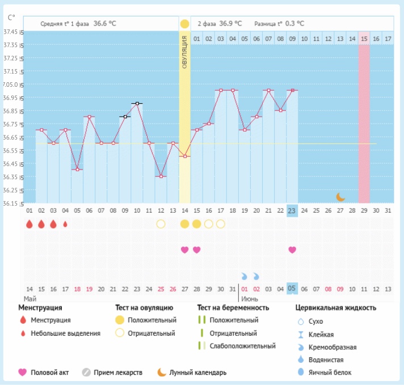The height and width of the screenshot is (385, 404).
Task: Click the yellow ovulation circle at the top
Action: [184, 24]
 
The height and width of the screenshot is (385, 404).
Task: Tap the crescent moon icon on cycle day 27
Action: [340, 197]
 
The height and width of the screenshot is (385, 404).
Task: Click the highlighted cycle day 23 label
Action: [292, 210]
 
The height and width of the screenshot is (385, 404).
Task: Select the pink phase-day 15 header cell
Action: [364, 39]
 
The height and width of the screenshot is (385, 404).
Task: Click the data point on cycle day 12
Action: [161, 176]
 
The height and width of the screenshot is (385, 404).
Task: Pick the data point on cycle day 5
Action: [77, 170]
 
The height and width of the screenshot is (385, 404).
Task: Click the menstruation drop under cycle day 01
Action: [30, 224]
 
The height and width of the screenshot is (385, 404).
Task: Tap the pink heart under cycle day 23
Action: [292, 249]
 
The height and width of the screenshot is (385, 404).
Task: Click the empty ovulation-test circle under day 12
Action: [161, 224]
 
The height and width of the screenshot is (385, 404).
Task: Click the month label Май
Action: [30, 298]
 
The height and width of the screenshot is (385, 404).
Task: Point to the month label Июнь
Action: [250, 298]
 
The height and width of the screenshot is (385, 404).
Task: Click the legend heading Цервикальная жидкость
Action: [336, 308]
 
